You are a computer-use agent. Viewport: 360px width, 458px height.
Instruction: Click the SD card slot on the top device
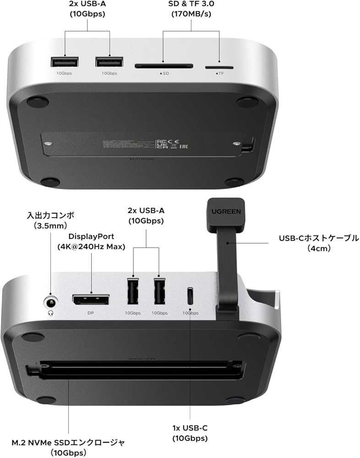[164, 66]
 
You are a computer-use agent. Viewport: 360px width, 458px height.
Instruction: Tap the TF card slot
[218, 66]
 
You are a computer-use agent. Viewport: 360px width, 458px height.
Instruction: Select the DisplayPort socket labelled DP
[90, 301]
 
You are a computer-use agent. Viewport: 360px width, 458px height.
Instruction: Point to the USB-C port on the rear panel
[190, 297]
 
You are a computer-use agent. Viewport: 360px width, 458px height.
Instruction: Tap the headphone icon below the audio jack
[50, 313]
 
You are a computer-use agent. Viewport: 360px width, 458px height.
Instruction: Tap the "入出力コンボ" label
[50, 215]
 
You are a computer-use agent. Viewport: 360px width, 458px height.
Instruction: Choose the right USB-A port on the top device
[109, 62]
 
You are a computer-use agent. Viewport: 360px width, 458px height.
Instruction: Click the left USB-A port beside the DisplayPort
[133, 292]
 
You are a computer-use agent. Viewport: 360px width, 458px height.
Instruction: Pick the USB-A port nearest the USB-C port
[159, 291]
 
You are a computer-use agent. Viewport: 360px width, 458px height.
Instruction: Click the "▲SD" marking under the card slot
[164, 73]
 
